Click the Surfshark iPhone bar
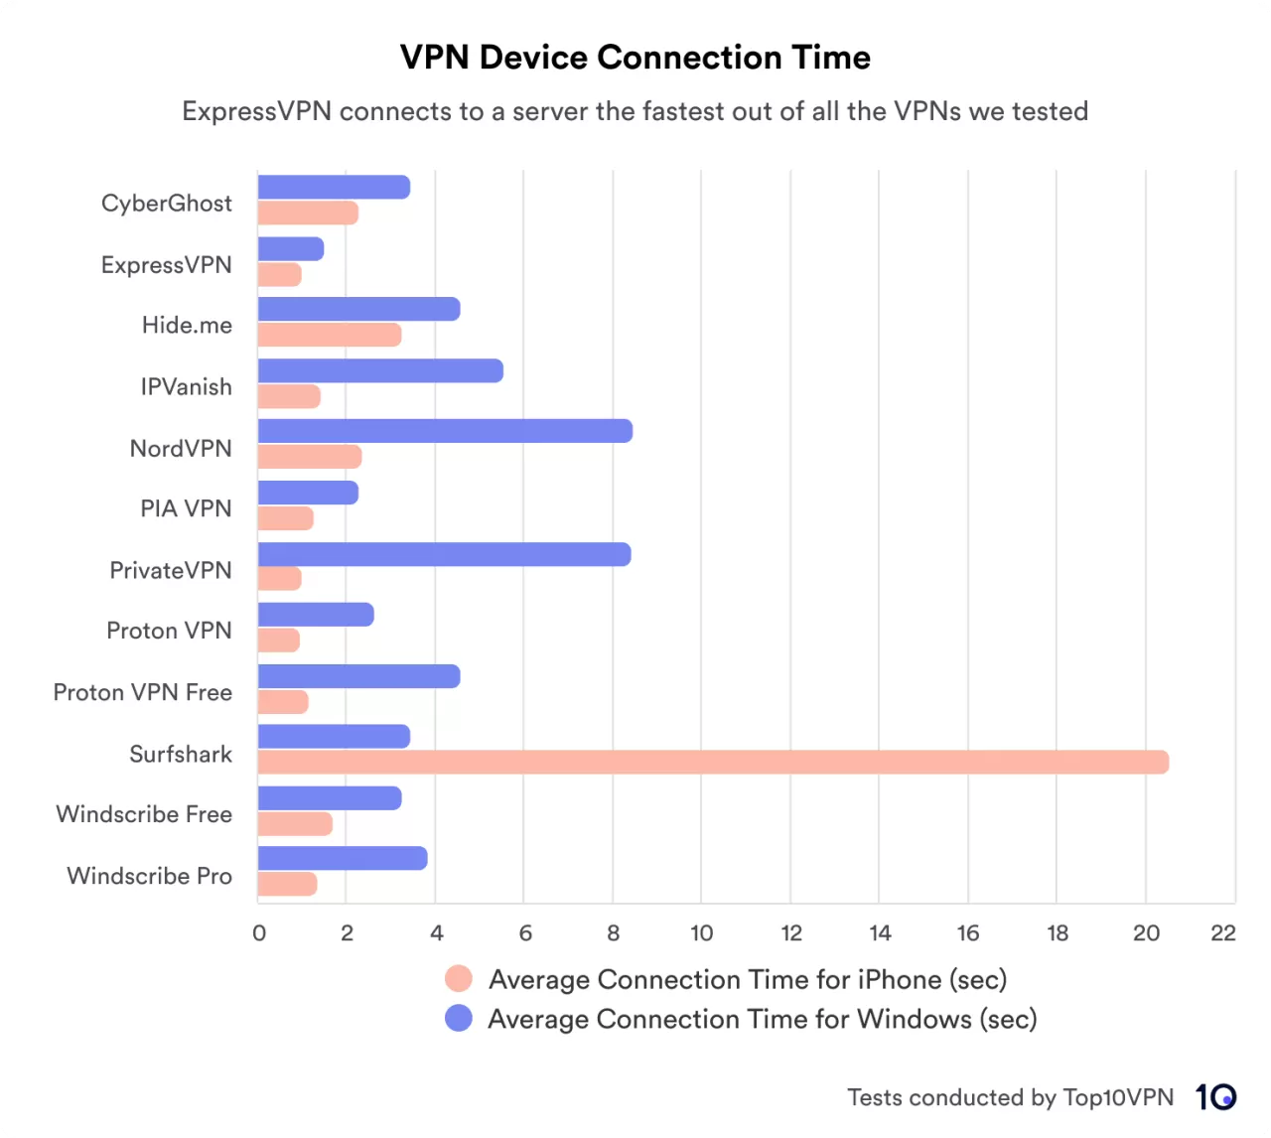pyautogui.click(x=713, y=762)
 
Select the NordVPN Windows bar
pyautogui.click(x=445, y=431)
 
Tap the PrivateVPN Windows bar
pyautogui.click(x=444, y=554)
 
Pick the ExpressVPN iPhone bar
pyautogui.click(x=279, y=274)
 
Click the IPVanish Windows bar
pyautogui.click(x=380, y=370)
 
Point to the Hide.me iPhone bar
pyautogui.click(x=329, y=335)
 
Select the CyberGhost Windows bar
pyautogui.click(x=334, y=187)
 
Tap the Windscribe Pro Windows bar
pyautogui.click(x=343, y=858)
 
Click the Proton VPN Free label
pyautogui.click(x=143, y=692)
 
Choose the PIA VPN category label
pyautogui.click(x=186, y=508)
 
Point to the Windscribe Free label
pyautogui.click(x=144, y=814)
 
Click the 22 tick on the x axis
pyautogui.click(x=1223, y=932)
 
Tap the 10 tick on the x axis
pyautogui.click(x=701, y=932)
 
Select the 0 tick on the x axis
pyautogui.click(x=259, y=932)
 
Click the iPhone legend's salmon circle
pyautogui.click(x=459, y=979)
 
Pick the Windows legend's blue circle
pyautogui.click(x=459, y=1018)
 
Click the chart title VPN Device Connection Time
pyautogui.click(x=635, y=58)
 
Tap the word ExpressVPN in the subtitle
pyautogui.click(x=256, y=111)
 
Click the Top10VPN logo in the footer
pyautogui.click(x=1215, y=1096)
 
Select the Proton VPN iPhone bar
pyautogui.click(x=278, y=640)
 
